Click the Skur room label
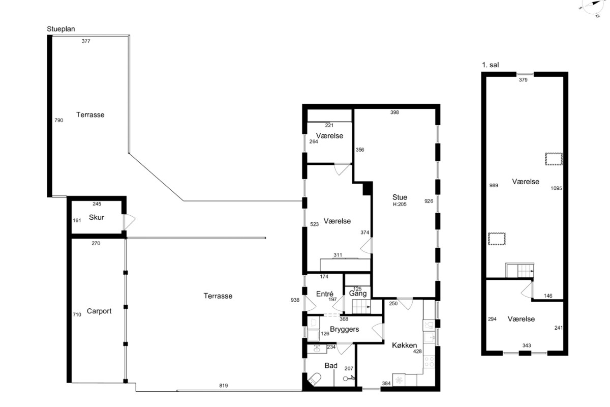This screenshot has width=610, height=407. [97, 217]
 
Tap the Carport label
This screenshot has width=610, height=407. [99, 311]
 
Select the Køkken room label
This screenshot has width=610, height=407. [405, 345]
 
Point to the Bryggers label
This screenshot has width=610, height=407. [345, 329]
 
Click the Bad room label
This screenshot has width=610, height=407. [331, 366]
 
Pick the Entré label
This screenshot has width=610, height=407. [325, 294]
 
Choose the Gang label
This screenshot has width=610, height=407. [358, 294]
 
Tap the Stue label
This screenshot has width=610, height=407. [400, 197]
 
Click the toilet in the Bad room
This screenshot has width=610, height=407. [315, 379]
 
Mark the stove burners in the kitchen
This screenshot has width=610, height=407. [429, 362]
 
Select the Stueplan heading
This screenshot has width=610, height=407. [60, 29]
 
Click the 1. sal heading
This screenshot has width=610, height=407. [490, 65]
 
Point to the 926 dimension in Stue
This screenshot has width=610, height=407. [429, 201]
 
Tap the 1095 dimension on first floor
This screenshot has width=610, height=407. [556, 188]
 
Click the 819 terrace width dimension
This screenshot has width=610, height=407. [223, 386]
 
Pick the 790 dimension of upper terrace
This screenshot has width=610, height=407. [59, 120]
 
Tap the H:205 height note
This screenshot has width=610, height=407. [400, 205]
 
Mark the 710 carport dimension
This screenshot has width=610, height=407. [77, 314]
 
